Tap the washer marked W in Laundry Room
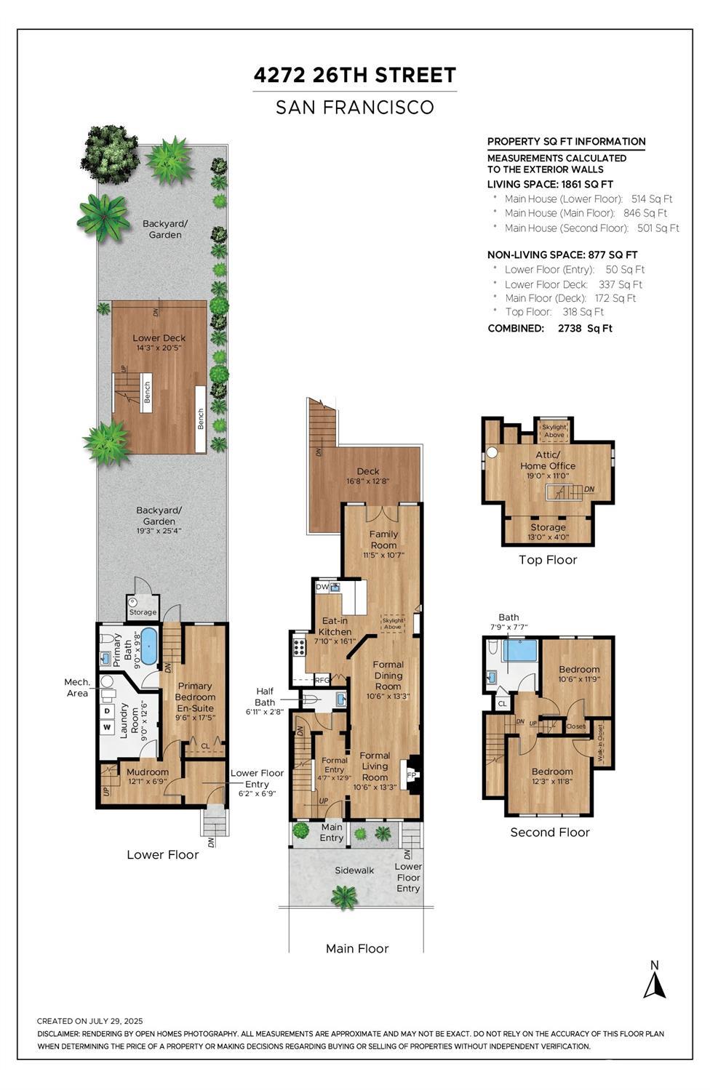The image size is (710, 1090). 107,727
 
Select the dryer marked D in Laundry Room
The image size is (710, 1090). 107,711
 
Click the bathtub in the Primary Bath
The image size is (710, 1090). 149,646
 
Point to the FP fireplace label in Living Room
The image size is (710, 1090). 411,774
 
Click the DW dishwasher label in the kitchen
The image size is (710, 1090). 322,587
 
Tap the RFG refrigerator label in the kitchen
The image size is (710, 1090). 322,681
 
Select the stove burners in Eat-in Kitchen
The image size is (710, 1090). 298,647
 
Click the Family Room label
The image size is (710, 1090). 383,540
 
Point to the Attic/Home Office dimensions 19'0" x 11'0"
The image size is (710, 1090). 547,476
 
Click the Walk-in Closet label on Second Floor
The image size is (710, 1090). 600,743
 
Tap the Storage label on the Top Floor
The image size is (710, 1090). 548,527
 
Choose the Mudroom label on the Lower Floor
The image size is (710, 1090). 148,772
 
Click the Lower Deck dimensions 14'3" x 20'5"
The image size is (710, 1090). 159,348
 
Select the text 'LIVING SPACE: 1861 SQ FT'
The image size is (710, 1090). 550,185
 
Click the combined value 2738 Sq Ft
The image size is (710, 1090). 585,329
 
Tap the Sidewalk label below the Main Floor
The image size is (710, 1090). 354,870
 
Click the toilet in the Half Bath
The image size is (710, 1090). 310,700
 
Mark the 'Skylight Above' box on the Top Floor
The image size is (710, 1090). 554,430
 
